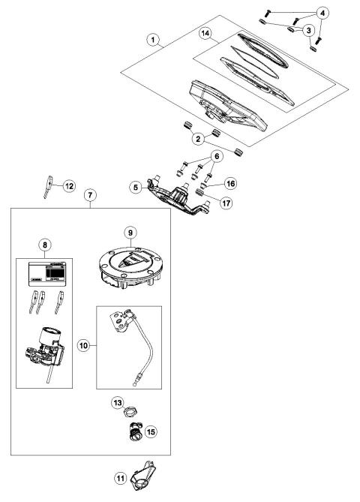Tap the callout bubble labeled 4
322,13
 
